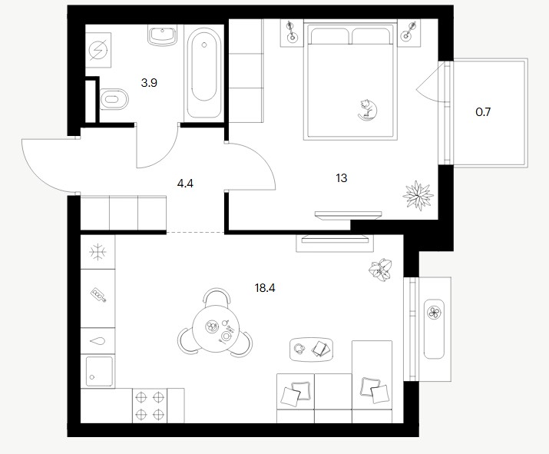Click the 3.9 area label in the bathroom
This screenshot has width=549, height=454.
149,83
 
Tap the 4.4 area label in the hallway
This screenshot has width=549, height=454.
185,183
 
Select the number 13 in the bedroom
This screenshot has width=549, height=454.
342,178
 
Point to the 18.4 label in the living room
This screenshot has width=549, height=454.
265,288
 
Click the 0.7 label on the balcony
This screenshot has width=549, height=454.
483,112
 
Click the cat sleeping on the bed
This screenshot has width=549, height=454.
367,110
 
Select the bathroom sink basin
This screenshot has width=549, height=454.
162,35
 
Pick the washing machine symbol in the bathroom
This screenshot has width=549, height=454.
98,50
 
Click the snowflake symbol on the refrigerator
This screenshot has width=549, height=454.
98,252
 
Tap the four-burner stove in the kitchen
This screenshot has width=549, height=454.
150,406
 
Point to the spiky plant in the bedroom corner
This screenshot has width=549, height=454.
418,195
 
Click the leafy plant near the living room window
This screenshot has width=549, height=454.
380,270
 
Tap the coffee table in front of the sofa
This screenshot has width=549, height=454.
311,350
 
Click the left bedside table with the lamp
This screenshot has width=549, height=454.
292,32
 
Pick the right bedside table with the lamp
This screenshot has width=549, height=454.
409,32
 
